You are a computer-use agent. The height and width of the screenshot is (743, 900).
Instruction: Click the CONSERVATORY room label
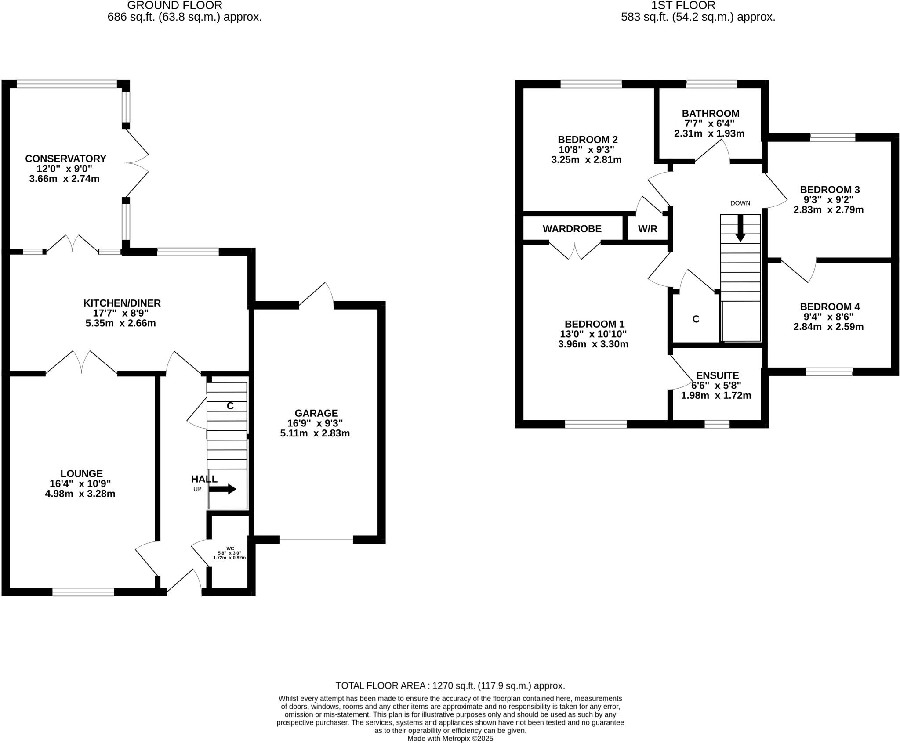click(65, 159)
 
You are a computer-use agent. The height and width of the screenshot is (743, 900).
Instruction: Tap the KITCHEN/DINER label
click(122, 303)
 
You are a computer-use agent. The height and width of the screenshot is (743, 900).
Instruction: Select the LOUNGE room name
click(81, 473)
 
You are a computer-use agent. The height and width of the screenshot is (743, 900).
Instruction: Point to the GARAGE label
click(316, 413)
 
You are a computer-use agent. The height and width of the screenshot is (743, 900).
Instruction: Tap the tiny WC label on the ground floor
click(230, 548)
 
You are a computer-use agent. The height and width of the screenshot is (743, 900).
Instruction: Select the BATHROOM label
click(710, 113)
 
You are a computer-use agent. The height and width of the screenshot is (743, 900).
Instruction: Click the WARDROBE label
click(572, 229)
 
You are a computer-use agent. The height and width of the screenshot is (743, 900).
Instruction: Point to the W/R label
click(647, 229)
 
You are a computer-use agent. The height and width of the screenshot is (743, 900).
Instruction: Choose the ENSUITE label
click(717, 375)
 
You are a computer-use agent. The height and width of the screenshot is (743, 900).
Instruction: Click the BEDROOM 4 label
click(829, 307)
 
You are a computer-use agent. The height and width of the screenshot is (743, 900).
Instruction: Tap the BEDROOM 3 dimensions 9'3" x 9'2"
click(828, 200)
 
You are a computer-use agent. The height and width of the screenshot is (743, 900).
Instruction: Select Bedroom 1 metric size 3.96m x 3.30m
click(593, 344)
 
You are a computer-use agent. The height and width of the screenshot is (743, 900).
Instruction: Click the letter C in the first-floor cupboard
click(696, 319)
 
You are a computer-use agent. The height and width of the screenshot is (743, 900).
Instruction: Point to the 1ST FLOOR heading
click(698, 6)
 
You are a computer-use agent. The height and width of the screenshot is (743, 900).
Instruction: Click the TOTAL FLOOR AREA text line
click(450, 686)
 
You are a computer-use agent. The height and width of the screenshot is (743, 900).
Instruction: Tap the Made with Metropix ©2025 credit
click(450, 739)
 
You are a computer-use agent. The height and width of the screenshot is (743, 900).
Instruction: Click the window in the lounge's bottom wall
click(83, 592)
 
